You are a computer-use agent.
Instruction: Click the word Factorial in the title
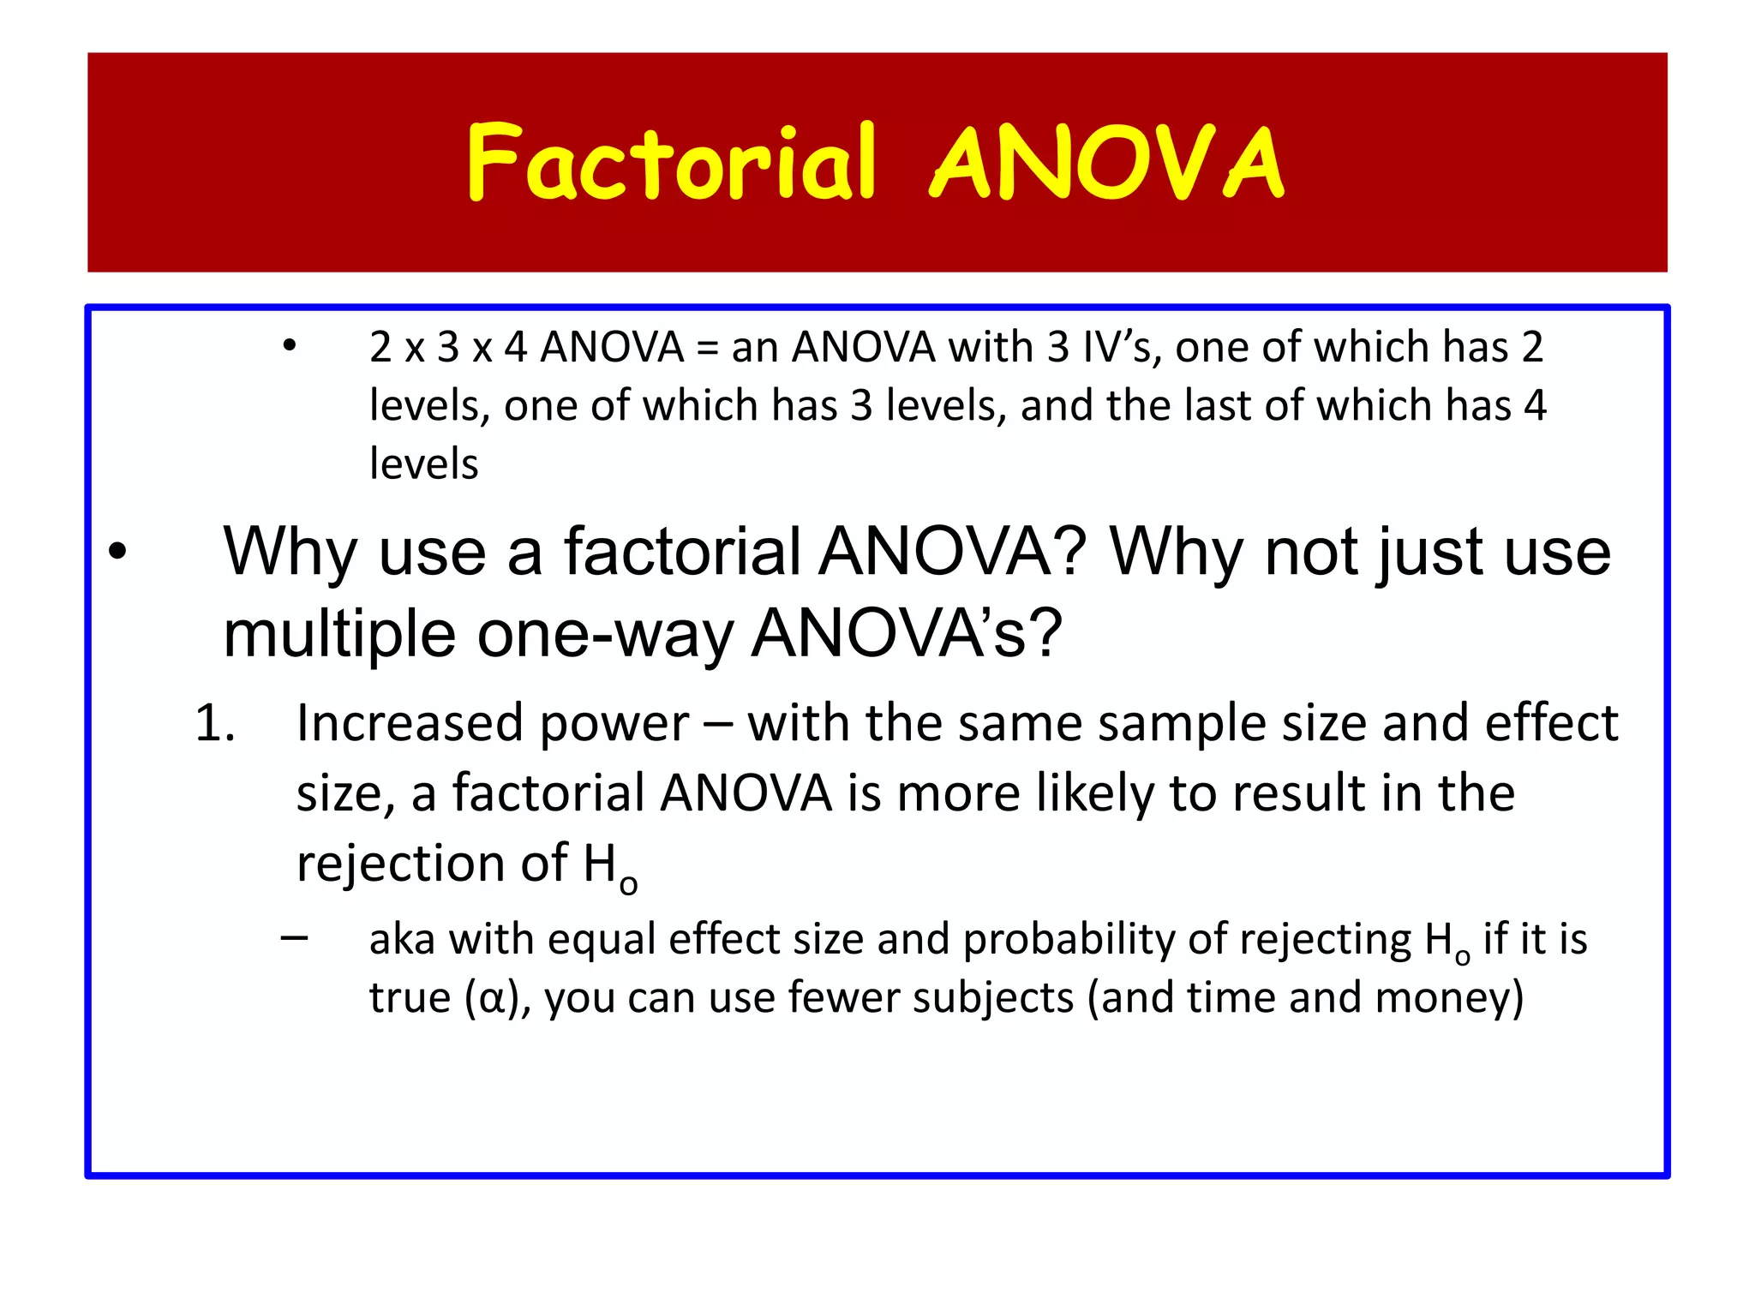(x=672, y=163)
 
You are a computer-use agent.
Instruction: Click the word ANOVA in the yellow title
(x=1107, y=163)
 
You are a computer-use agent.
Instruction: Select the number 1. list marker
(x=214, y=723)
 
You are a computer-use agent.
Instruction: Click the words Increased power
(x=492, y=724)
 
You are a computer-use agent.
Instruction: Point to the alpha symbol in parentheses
(x=492, y=999)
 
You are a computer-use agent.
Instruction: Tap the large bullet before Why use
(x=117, y=553)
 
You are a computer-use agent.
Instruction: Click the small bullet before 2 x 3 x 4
(x=290, y=346)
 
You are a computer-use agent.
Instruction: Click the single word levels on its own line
(x=423, y=464)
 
